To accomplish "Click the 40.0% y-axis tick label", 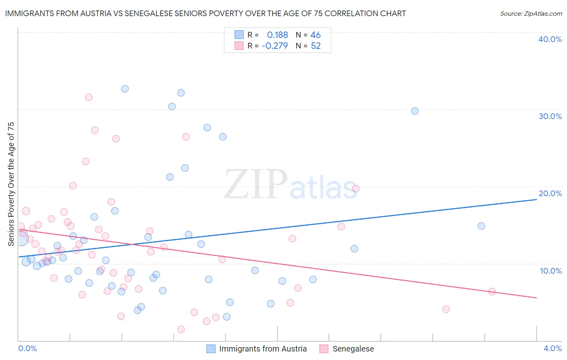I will click(550, 39).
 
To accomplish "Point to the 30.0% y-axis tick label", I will click(550, 116).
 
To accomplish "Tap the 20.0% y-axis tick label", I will click(550, 193).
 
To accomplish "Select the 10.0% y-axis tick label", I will click(551, 271).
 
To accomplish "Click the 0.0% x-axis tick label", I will click(27, 348).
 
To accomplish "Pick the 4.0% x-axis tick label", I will click(552, 348).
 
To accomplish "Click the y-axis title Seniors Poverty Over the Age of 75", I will click(11, 184).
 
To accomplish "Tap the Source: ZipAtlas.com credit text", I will click(531, 14).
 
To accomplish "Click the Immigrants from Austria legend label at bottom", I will click(263, 349).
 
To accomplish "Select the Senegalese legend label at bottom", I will click(353, 349).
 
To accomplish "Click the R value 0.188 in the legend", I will click(277, 35).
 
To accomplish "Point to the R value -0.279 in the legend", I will click(275, 46).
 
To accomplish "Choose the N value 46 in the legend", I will click(315, 35).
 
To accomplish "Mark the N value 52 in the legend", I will click(315, 46).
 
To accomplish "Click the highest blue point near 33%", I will click(125, 89).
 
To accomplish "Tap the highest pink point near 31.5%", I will click(89, 97).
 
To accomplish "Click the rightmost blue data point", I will click(481, 226).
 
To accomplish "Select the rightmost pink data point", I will click(492, 292).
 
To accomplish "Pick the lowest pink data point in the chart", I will click(181, 329).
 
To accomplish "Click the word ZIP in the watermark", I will click(256, 184).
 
